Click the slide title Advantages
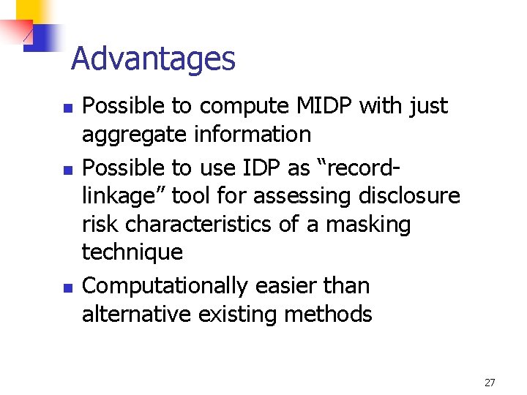[153, 59]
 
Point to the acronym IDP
[258, 168]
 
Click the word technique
[132, 252]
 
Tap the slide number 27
[490, 382]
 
